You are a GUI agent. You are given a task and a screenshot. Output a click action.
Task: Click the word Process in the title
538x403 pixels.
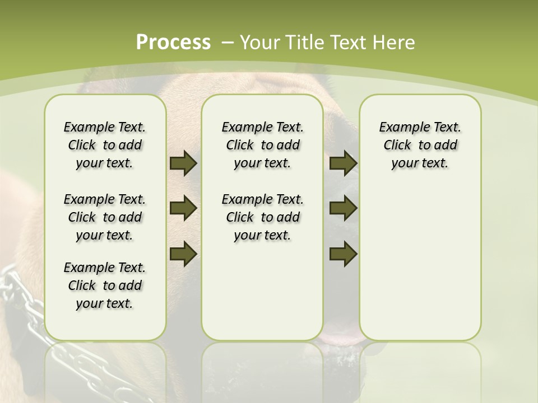173,43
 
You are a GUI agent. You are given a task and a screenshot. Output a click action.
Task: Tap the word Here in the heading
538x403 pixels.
395,43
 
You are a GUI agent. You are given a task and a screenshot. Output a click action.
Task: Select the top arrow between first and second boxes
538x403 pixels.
183,163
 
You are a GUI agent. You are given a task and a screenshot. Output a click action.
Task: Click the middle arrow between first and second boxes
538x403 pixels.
183,208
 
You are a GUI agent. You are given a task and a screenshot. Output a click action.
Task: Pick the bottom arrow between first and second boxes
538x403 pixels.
183,254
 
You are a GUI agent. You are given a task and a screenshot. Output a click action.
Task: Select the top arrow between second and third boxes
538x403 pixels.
343,163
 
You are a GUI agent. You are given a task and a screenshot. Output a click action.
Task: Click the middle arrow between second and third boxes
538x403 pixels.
343,208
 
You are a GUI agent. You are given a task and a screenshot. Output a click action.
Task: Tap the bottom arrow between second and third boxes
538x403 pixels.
343,254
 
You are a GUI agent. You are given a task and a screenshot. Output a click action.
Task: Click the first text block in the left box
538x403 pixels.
105,145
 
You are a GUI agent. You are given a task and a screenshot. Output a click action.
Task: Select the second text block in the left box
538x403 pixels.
105,217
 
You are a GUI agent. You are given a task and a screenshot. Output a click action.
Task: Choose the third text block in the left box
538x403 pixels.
105,285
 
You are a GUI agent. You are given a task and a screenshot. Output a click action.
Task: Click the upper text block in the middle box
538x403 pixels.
262,145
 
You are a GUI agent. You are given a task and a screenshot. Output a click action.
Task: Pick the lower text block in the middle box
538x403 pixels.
262,217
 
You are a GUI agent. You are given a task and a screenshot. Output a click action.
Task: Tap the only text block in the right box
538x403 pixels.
420,145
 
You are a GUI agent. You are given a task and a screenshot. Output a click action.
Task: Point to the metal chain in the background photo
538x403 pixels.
22,313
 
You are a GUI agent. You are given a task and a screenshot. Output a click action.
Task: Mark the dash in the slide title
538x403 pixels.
227,43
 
